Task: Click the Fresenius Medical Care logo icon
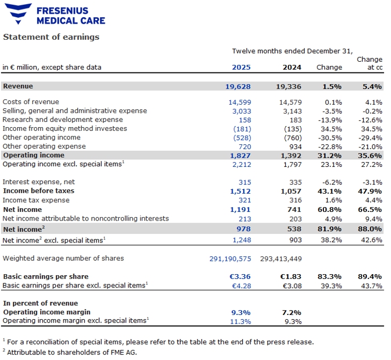(x=17, y=14)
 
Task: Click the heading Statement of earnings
(x=52, y=37)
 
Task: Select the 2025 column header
(x=241, y=68)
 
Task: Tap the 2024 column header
(x=292, y=68)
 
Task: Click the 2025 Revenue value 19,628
(x=238, y=86)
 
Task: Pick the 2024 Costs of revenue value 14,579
(x=289, y=102)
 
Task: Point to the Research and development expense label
(x=63, y=120)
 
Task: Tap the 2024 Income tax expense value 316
(x=295, y=201)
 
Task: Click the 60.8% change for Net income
(x=331, y=210)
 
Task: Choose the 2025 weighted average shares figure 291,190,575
(x=230, y=259)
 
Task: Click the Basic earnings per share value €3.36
(x=240, y=277)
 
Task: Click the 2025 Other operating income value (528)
(x=242, y=138)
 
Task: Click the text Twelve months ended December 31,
(x=292, y=51)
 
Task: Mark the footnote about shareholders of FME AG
(x=70, y=352)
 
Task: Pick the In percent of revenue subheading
(x=40, y=304)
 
